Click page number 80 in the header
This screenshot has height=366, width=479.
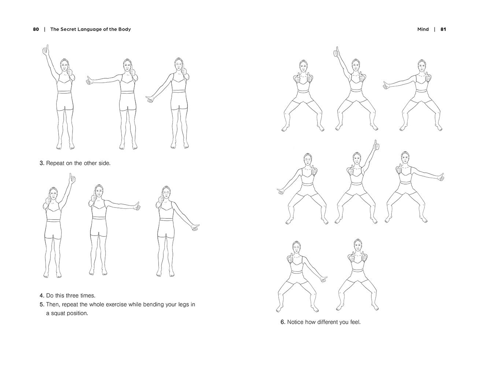pos(36,29)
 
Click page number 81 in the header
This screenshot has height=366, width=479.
pos(443,29)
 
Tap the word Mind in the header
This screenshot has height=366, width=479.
pos(423,29)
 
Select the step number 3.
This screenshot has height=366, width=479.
pos(42,163)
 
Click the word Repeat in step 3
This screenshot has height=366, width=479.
pos(56,163)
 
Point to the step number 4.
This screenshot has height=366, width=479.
pos(42,296)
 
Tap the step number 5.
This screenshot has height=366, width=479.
pos(42,305)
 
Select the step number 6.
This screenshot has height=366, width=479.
pos(283,322)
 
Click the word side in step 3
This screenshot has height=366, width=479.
pos(104,163)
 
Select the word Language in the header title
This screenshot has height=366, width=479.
pos(91,30)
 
